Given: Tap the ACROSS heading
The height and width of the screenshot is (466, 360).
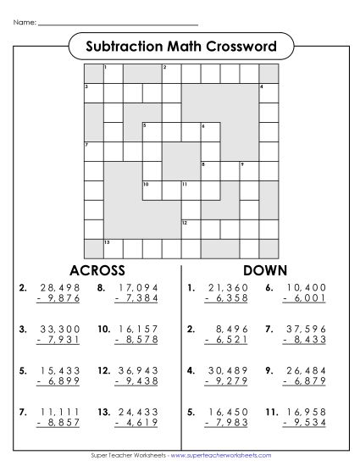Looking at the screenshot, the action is click(97, 270).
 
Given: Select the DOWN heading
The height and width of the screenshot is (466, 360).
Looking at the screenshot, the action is click(266, 270).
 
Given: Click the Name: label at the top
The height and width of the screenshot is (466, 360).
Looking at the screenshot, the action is click(25, 23).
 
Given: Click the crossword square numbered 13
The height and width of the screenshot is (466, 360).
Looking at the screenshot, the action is click(112, 247).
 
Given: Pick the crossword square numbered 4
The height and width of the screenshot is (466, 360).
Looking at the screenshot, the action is click(268, 92).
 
